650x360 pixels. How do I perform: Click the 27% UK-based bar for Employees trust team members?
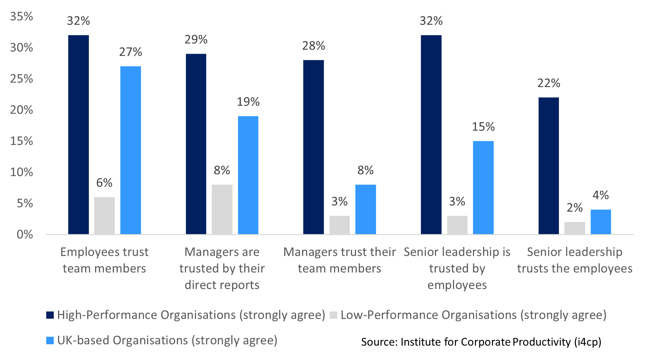[130, 150]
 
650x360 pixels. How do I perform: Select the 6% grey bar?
[104, 215]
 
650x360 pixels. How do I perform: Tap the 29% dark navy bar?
[196, 144]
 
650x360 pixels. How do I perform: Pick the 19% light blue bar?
[248, 175]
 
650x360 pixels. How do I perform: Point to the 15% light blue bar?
[483, 188]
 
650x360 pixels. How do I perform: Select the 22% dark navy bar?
[548, 166]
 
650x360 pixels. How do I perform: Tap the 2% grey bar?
[575, 228]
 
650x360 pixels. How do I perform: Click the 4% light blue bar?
[601, 222]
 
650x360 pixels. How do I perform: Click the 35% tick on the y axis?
[22, 16]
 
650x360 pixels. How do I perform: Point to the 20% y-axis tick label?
[22, 110]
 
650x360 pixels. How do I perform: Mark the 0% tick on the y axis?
[25, 234]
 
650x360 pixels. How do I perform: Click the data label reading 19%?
[248, 102]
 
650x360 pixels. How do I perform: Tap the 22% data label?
[548, 83]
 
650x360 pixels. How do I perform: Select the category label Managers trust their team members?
[339, 260]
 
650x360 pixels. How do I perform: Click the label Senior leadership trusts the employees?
[575, 260]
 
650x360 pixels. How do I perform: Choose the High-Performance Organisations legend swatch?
[50, 315]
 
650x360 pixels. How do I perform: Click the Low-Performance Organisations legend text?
[473, 315]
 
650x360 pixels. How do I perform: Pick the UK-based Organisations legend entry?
[167, 340]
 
